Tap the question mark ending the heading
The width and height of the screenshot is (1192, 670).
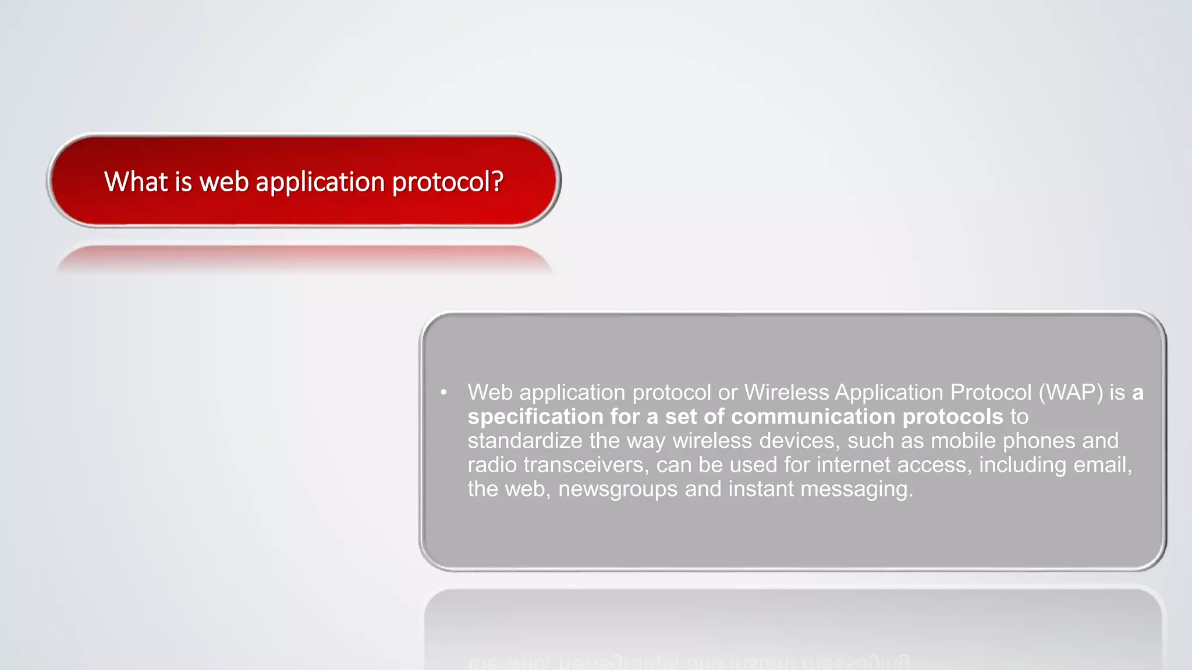497,181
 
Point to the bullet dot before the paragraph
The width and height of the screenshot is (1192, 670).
444,393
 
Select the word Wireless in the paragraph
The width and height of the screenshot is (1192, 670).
786,393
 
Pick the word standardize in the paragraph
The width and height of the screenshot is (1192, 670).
524,441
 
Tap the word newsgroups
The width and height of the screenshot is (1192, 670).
618,489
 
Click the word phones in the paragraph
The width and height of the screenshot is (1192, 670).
1039,441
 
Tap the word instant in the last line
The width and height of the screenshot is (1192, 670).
761,489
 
